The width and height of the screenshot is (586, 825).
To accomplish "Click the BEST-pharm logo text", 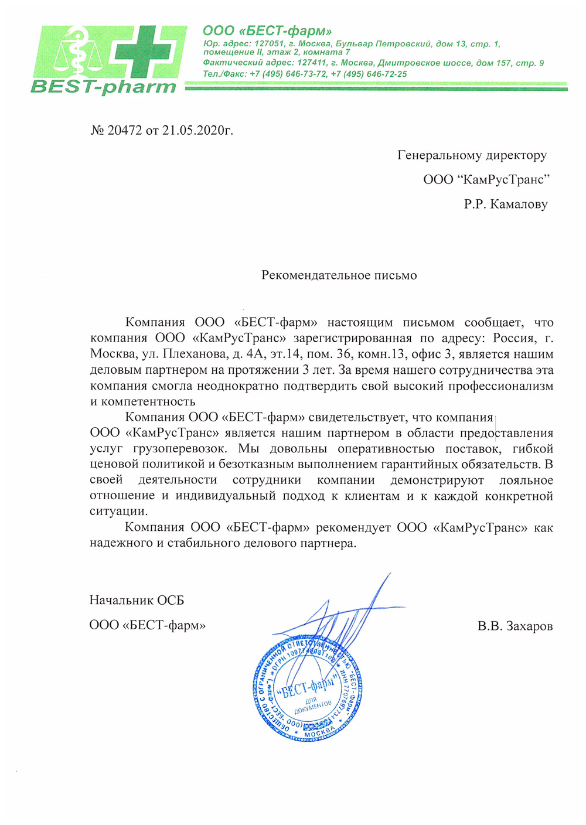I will coord(103,87).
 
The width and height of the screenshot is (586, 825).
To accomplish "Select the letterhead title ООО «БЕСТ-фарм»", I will coord(267,30).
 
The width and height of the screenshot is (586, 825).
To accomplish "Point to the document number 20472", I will coord(124,130).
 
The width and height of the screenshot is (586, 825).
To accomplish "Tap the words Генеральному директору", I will coord(472,155).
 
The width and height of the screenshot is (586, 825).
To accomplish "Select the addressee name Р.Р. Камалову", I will coord(506,204).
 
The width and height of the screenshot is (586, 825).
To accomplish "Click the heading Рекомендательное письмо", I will coord(339,275).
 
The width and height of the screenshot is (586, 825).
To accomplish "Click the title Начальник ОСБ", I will coord(137,600).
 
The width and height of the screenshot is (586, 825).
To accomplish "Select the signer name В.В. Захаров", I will coord(515,626).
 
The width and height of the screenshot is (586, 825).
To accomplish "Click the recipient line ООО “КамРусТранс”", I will coord(486,180).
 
